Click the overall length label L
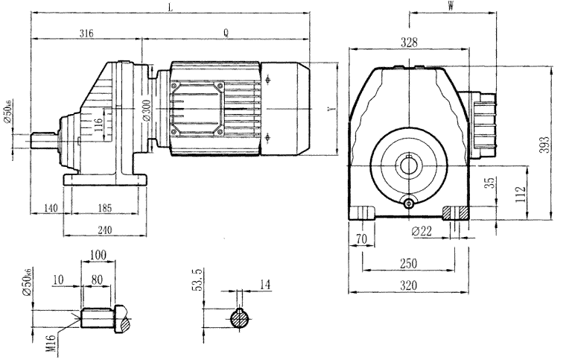click(x=171, y=7)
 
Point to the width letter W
click(x=451, y=7)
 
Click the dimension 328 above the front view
click(x=410, y=43)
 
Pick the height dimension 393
click(x=546, y=142)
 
